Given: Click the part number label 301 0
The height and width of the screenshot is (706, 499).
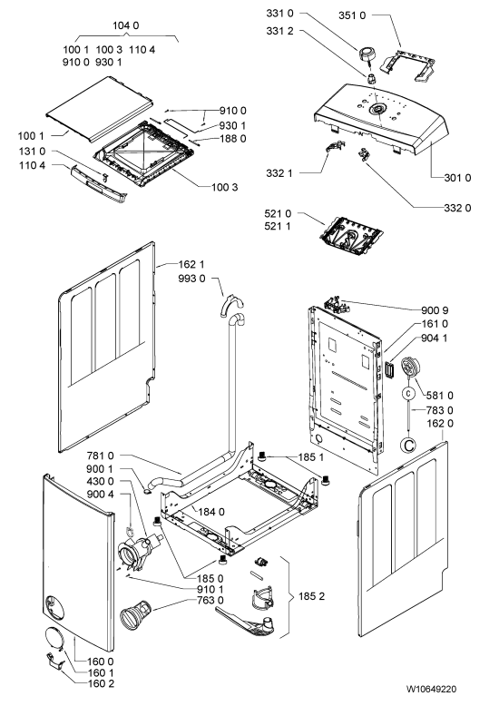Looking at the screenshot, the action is (x=457, y=178).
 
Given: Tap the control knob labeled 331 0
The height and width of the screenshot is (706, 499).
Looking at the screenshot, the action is (x=367, y=55).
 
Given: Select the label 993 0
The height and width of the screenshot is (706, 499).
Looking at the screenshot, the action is (x=191, y=279).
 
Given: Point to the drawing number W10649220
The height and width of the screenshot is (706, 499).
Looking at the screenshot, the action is (x=431, y=689).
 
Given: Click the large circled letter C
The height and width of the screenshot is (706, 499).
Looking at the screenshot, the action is (x=408, y=446).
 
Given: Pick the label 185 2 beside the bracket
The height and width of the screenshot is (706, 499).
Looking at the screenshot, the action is (x=312, y=596).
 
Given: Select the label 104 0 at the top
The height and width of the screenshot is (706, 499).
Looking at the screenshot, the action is (x=125, y=25).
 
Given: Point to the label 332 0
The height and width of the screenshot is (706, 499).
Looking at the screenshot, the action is (x=457, y=208).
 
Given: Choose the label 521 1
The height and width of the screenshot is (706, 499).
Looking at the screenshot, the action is (x=278, y=226).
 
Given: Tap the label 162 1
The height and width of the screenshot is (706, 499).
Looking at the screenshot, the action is (x=191, y=264).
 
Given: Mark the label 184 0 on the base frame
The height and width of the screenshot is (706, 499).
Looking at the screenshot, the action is (x=211, y=512).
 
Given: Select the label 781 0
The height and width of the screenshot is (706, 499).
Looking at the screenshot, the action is (x=100, y=456).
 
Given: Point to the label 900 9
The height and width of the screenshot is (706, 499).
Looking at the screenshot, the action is (x=435, y=310).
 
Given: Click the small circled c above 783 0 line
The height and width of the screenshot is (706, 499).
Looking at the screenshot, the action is (x=408, y=393).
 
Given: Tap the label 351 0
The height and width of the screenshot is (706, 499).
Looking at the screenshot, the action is (x=352, y=15).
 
